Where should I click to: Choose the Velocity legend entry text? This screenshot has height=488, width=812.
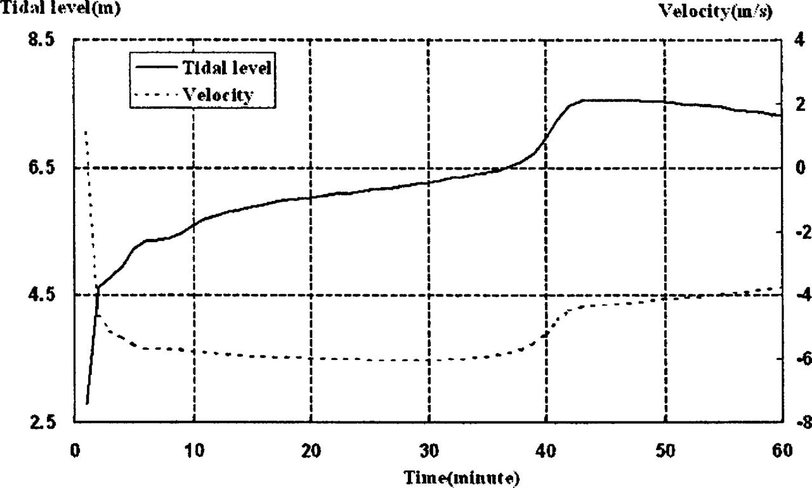[x=218, y=95]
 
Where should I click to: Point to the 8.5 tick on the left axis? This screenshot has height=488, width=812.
[x=43, y=39]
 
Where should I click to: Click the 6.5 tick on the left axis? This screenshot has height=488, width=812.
[x=43, y=167]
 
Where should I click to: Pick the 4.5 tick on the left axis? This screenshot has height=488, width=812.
[x=43, y=295]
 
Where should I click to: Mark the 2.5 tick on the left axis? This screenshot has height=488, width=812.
[x=43, y=423]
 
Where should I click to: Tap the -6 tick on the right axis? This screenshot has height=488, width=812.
[x=795, y=359]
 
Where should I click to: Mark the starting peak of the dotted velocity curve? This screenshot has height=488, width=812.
[x=86, y=131]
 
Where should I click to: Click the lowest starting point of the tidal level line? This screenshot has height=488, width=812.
[x=87, y=404]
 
